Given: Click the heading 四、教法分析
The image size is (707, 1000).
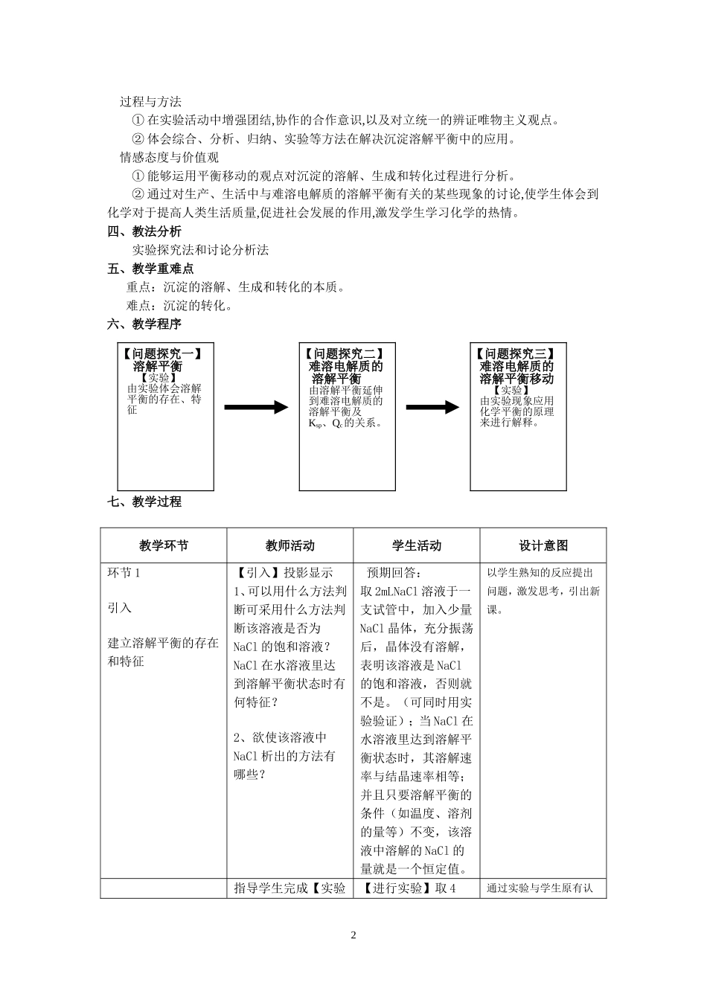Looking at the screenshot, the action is [x=144, y=231].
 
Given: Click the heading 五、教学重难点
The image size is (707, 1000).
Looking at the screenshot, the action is [x=150, y=269].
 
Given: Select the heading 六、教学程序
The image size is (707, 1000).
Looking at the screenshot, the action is [x=144, y=324].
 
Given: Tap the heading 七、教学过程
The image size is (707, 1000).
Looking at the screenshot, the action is [x=144, y=501].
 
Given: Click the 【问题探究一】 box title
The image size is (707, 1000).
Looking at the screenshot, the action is [x=162, y=354].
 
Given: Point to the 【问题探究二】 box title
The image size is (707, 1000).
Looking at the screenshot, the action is [x=346, y=354].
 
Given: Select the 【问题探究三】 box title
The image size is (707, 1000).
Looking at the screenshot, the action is [x=516, y=354].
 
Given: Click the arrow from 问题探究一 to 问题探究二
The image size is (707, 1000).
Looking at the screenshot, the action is [x=255, y=407].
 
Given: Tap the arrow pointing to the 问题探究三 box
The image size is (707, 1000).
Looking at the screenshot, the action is [x=432, y=407].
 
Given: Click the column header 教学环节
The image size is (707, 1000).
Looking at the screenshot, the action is [x=164, y=545].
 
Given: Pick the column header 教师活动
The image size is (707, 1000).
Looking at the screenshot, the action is [x=289, y=545].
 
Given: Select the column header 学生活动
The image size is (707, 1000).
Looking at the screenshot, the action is [x=417, y=545].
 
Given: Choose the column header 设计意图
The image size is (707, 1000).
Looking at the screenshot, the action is [x=543, y=545].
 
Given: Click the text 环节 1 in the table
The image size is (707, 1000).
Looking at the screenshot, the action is [x=124, y=572].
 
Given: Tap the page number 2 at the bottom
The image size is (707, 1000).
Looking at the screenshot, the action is [x=353, y=935].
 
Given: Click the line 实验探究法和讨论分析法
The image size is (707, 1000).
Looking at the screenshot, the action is [x=200, y=250].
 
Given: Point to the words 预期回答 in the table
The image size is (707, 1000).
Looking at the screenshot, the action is [x=394, y=573].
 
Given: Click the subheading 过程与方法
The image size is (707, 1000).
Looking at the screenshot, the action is [x=150, y=102].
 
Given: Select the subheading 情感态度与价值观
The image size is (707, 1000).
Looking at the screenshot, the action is [x=169, y=157].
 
